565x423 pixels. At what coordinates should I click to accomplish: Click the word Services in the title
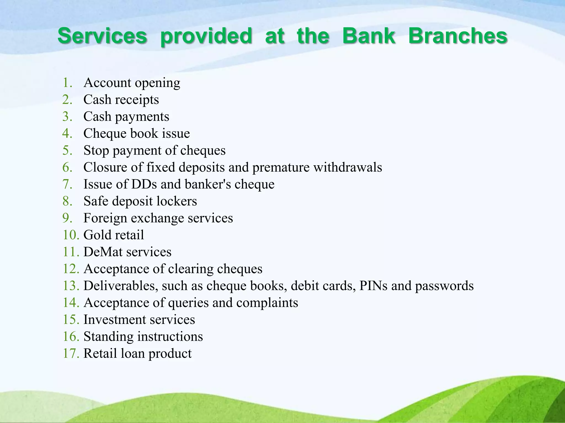coord(102,36)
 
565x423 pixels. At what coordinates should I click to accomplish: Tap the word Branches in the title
coord(458,36)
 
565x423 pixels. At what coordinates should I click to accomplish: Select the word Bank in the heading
coord(369,36)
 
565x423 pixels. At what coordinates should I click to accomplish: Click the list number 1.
coord(67,83)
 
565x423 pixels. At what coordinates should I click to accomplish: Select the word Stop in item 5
coord(96,151)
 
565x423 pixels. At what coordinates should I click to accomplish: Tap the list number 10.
coord(71,235)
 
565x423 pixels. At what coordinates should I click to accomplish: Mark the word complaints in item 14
coord(267,303)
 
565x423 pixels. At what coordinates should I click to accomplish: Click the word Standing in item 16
coord(108,337)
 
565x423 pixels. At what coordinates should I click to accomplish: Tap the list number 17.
coord(71,354)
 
